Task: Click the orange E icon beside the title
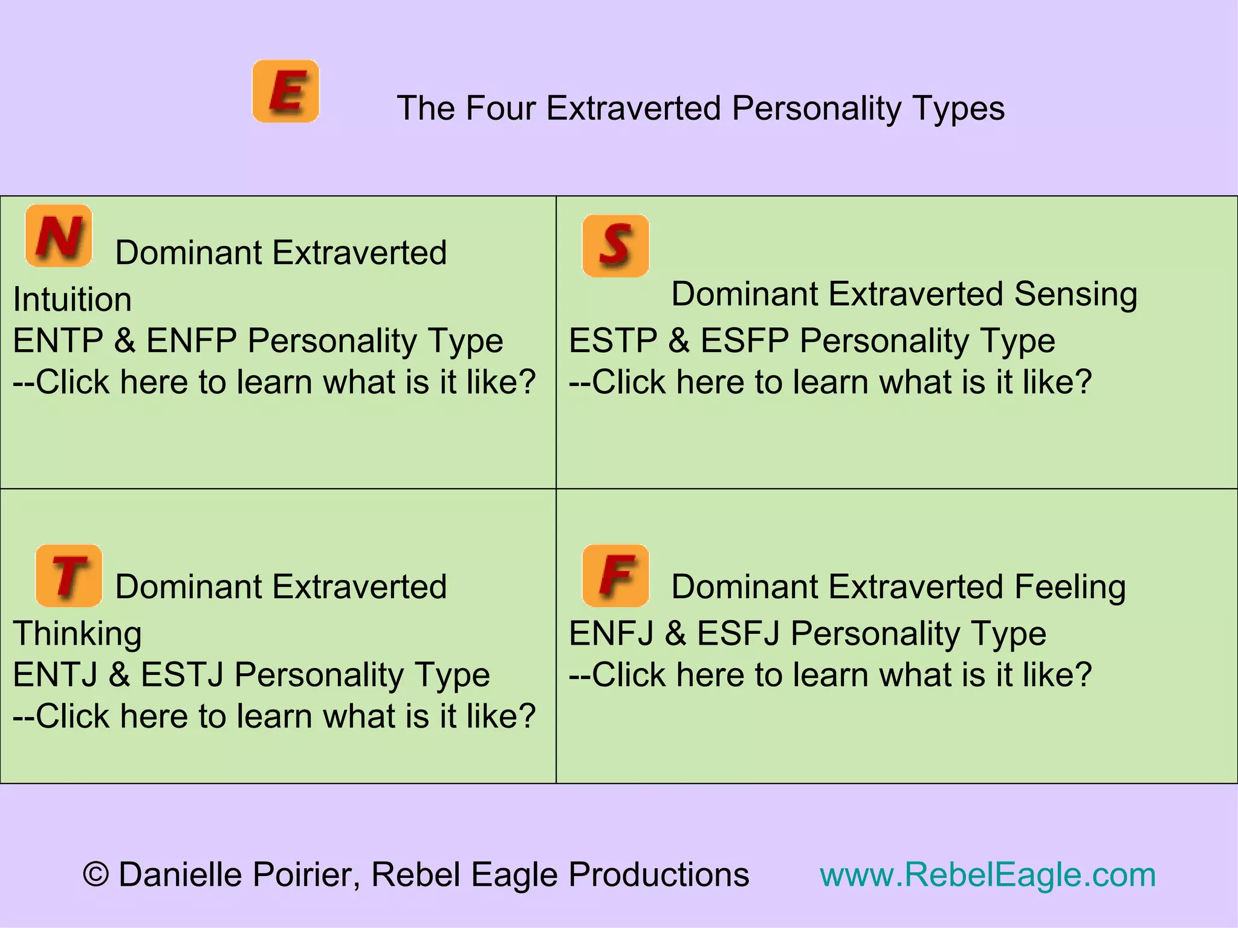[285, 91]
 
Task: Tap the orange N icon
[59, 236]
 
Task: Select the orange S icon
[615, 246]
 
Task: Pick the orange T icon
[69, 576]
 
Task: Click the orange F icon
[615, 576]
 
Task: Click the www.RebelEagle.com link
[987, 874]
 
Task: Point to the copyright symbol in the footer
[96, 875]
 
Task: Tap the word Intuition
[73, 300]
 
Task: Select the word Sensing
[1075, 294]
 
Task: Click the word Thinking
[77, 634]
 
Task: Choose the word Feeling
[1070, 587]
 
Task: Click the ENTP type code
[58, 340]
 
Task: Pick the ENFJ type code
[611, 634]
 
